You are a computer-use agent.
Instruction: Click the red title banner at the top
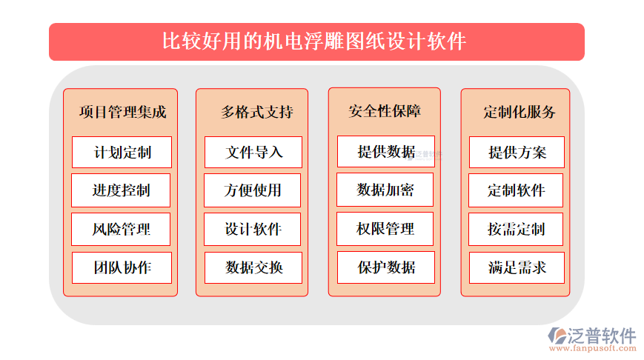[x=316, y=42]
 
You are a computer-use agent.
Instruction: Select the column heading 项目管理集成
[x=122, y=112]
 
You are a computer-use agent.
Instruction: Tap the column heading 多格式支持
[x=257, y=112]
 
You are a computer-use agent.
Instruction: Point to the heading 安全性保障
[x=385, y=111]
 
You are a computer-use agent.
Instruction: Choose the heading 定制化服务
[x=519, y=112]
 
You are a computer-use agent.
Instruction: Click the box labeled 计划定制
[x=122, y=153]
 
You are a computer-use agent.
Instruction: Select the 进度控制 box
[x=121, y=190]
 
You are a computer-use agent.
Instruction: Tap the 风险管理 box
[x=121, y=229]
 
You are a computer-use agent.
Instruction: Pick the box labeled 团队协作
[x=122, y=267]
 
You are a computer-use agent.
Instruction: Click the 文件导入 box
[x=253, y=153]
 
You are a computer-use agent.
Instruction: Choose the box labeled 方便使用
[x=252, y=190]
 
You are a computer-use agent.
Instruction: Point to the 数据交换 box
[x=253, y=267]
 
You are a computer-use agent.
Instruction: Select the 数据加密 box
[x=385, y=190]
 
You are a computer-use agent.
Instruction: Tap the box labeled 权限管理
[x=385, y=229]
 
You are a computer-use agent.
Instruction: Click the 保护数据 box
[x=385, y=267]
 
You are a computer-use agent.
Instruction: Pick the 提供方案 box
[x=517, y=153]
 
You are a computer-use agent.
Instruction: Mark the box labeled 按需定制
[x=516, y=229]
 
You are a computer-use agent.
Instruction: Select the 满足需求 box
[x=517, y=267]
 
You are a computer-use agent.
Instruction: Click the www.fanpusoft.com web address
[x=592, y=348]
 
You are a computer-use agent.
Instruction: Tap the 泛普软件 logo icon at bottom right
[x=557, y=336]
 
